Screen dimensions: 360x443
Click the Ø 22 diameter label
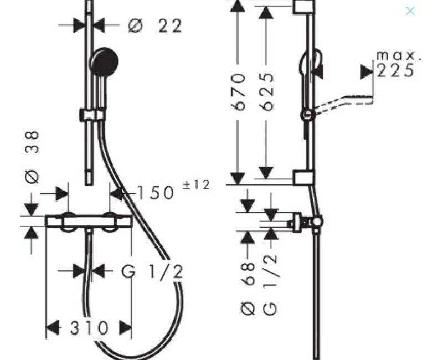(x=155, y=25)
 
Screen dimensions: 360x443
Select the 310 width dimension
(x=89, y=328)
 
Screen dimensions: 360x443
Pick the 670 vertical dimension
(x=239, y=92)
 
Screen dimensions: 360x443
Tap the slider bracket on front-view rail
(x=92, y=115)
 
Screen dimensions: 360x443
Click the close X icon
(x=410, y=11)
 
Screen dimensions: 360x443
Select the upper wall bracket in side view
(x=302, y=7)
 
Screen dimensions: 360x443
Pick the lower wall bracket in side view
(x=302, y=177)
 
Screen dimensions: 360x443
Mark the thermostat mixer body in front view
(x=89, y=221)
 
